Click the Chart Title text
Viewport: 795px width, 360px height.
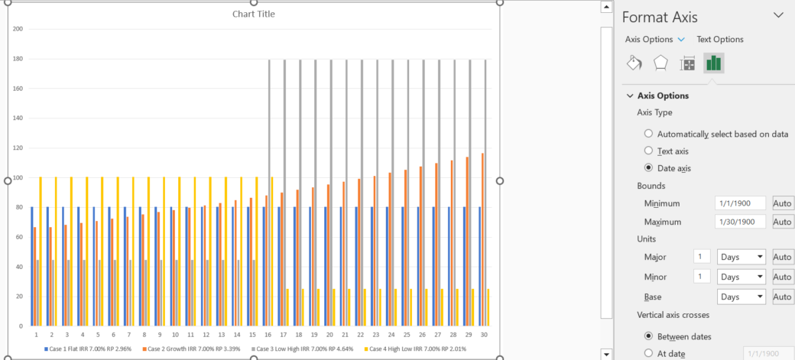(255, 15)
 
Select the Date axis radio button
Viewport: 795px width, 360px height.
(649, 168)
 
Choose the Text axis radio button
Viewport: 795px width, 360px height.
(649, 151)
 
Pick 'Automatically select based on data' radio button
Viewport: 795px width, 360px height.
(649, 134)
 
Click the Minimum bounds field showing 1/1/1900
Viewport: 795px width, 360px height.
(740, 204)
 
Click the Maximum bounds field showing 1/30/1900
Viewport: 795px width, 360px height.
(740, 222)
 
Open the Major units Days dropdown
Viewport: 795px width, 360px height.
(741, 257)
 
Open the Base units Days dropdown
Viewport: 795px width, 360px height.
(741, 297)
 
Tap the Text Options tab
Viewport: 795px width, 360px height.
(719, 40)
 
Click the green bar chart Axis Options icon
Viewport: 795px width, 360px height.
(714, 63)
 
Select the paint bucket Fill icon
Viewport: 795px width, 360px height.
(634, 63)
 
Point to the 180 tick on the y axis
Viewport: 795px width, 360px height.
(18, 59)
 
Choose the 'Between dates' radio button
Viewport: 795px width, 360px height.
(649, 336)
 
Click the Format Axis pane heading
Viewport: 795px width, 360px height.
(660, 16)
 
